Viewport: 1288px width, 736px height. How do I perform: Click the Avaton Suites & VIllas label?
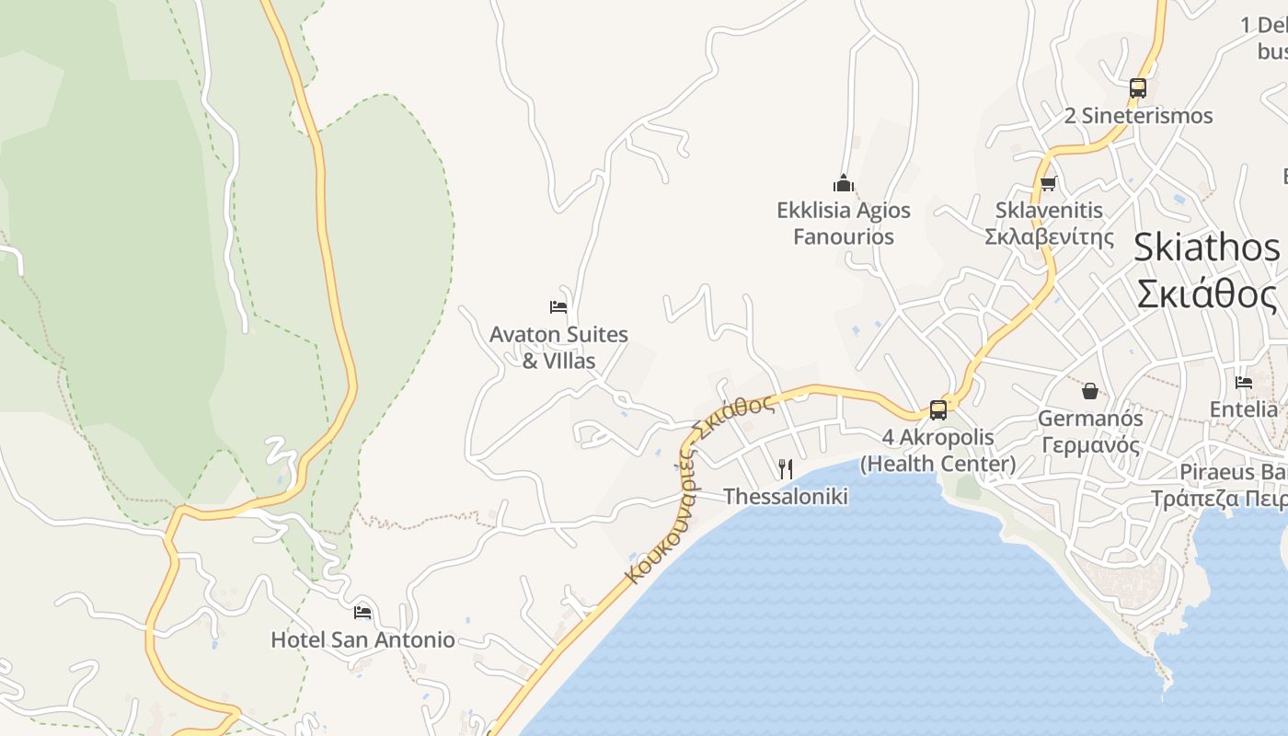tap(558, 348)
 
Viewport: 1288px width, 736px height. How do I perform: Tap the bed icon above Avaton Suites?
tap(558, 306)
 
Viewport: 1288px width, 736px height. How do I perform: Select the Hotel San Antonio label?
tap(362, 639)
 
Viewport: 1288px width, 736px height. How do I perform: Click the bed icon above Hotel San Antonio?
tap(362, 612)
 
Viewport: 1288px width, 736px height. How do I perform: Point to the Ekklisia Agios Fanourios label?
tap(844, 224)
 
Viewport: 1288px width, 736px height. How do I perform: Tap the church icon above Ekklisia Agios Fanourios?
tap(844, 183)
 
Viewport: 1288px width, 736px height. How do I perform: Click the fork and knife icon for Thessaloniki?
tap(785, 469)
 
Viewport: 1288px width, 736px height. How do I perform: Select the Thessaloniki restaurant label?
tap(785, 497)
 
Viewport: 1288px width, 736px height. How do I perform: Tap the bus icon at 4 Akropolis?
tap(938, 410)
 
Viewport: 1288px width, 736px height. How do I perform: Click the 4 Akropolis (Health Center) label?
tap(938, 451)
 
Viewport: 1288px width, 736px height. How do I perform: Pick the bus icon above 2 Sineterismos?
tap(1138, 88)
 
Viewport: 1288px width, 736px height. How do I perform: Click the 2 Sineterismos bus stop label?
tap(1138, 116)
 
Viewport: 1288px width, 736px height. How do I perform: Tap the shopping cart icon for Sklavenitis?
tap(1049, 183)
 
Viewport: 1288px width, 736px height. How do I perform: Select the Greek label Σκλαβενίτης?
tap(1049, 237)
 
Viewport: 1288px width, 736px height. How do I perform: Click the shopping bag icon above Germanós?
tap(1090, 391)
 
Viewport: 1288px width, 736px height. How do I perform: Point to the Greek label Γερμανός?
tap(1090, 446)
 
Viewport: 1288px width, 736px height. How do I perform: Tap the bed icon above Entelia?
tap(1244, 383)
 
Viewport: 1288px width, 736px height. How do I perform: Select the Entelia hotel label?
tap(1244, 409)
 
